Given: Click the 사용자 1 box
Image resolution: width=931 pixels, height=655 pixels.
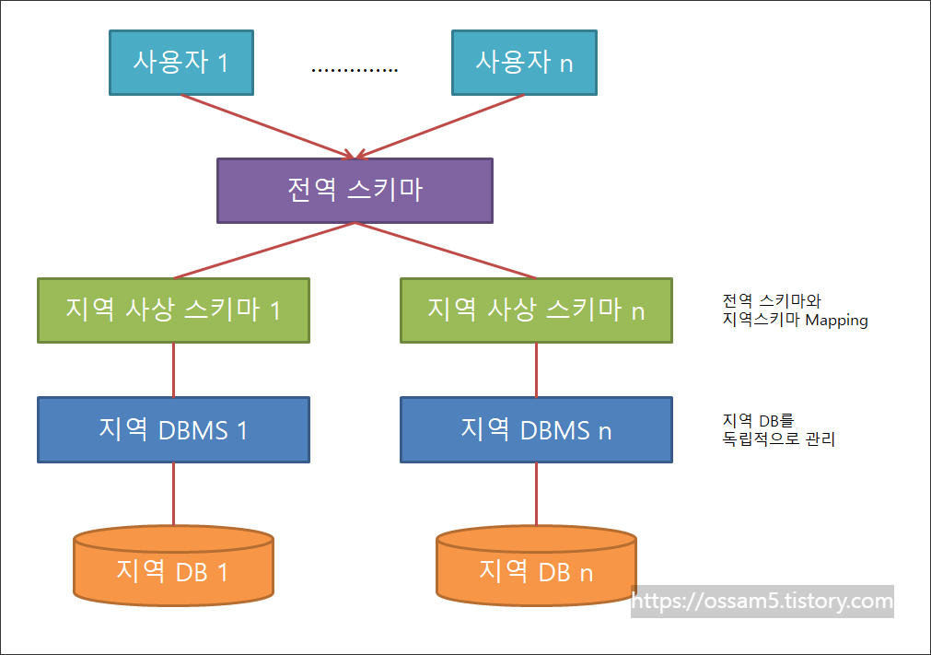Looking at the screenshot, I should click(180, 63).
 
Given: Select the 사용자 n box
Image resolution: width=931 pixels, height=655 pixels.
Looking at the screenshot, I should click(523, 63).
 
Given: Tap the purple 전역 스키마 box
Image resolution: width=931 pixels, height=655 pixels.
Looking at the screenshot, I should click(355, 191).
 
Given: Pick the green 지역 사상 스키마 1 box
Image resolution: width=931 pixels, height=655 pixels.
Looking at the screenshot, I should click(173, 310).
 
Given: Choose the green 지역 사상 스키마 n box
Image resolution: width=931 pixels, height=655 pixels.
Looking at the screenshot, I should click(536, 310).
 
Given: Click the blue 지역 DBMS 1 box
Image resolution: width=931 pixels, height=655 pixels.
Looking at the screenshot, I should click(173, 429).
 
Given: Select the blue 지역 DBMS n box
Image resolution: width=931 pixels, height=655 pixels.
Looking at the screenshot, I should click(536, 429).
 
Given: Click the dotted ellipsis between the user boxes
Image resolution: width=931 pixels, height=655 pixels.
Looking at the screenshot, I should click(355, 70).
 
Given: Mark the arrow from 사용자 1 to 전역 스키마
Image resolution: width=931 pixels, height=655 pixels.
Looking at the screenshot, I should click(267, 126).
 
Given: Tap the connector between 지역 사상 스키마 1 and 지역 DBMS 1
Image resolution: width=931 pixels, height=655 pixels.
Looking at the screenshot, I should click(174, 369).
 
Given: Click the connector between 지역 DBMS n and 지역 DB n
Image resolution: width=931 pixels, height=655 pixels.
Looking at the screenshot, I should click(537, 495).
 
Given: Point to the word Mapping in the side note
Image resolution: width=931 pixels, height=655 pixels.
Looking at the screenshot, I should click(836, 321).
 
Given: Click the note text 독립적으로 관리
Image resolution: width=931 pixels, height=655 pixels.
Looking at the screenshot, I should click(779, 439).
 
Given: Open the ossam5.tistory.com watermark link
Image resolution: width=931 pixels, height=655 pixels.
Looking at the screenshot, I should click(763, 602).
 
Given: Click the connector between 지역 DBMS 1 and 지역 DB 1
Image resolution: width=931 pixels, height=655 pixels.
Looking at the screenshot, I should click(174, 495).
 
